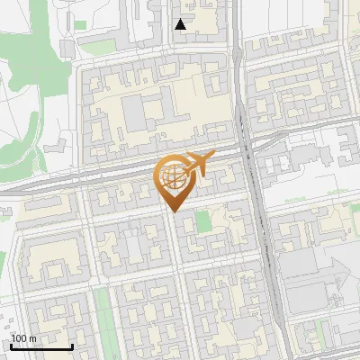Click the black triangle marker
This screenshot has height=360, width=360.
(x=181, y=24)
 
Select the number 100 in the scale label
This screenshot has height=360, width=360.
(x=18, y=338)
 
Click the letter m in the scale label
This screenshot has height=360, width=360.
(x=32, y=338)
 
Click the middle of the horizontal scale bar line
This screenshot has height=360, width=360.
(x=41, y=346)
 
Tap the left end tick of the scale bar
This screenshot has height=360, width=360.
(x=11, y=345)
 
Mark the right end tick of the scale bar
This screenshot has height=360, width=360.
(x=72, y=345)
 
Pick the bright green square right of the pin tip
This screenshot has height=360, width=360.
(x=204, y=221)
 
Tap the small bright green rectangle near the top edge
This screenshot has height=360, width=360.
(x=80, y=24)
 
